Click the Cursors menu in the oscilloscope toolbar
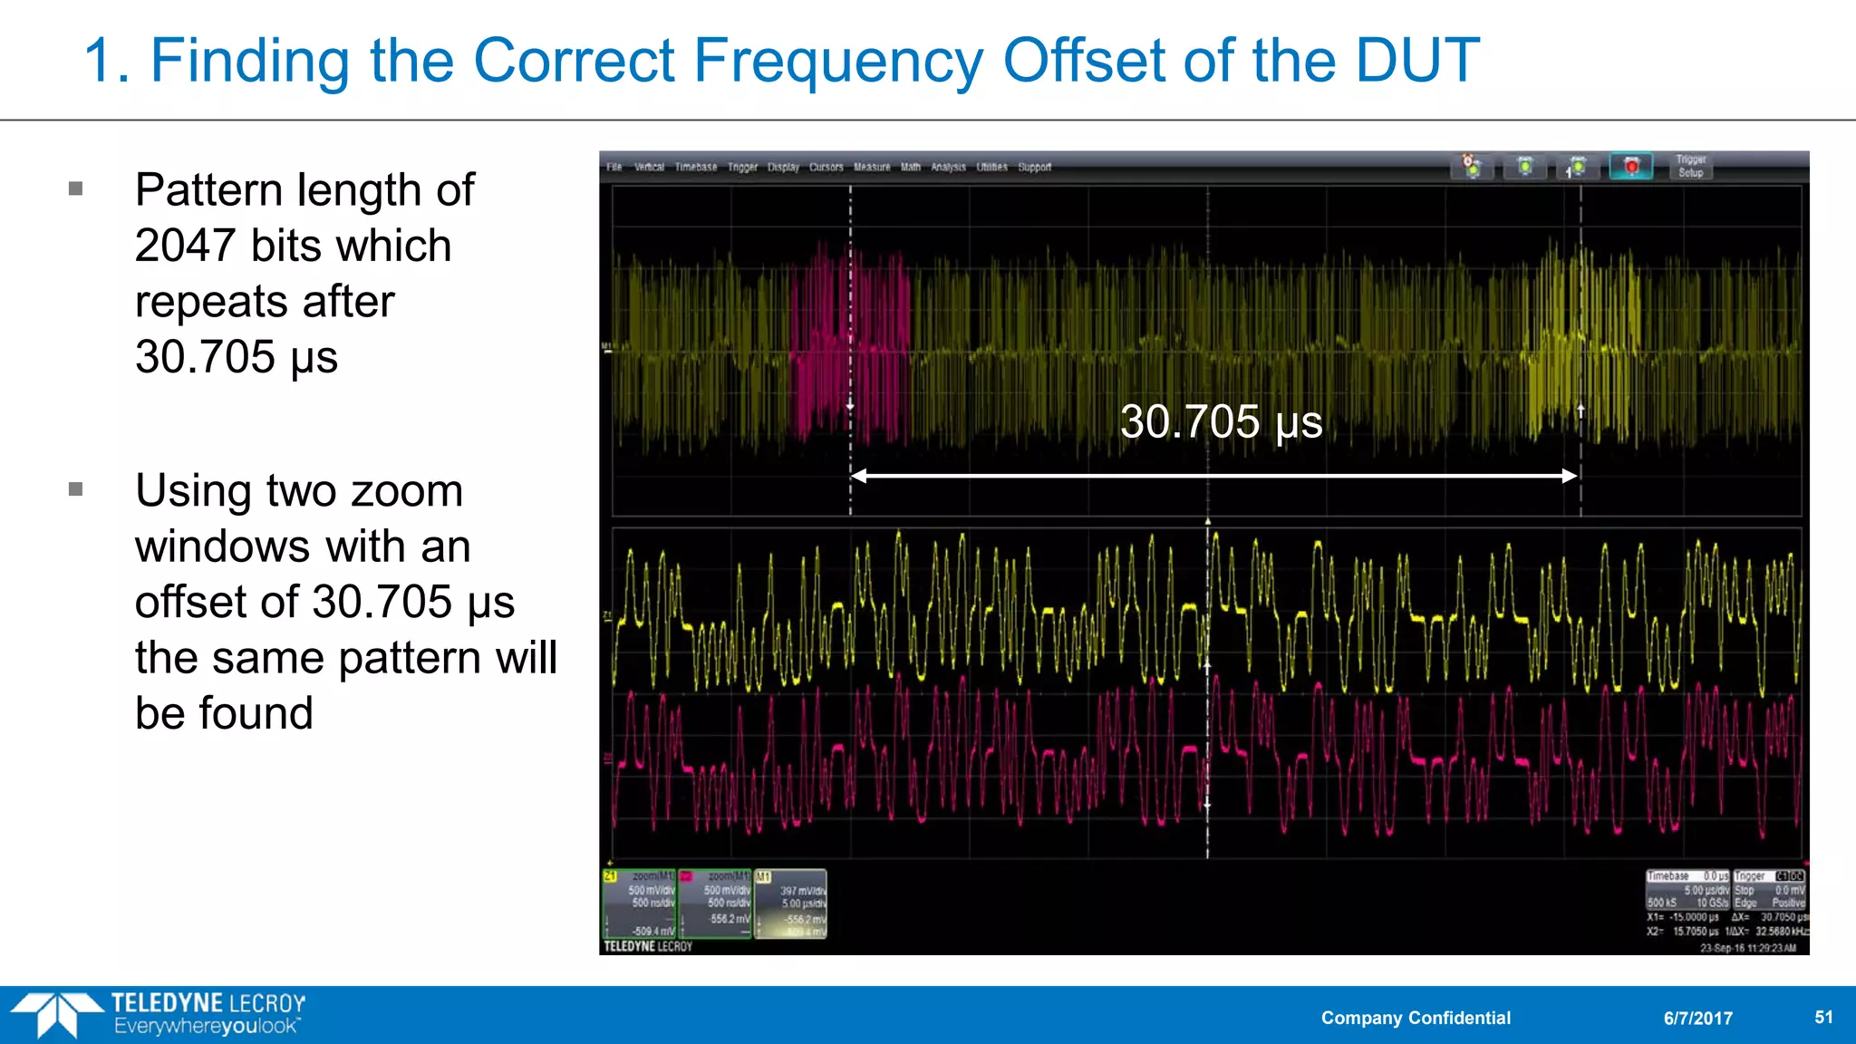826,167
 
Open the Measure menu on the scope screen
872,167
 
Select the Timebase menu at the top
695,167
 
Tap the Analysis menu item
948,167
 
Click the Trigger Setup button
1690,166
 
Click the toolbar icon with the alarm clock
1472,166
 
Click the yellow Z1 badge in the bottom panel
611,876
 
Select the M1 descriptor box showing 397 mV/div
790,904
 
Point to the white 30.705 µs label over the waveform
1221,421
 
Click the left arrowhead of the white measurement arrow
857,476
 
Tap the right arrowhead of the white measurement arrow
1571,476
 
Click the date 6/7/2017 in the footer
1697,1018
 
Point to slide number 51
1823,1017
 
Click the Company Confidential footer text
1416,1018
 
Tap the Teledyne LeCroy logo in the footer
159,1014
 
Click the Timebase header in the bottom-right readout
1668,876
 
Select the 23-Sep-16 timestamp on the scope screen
1747,948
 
